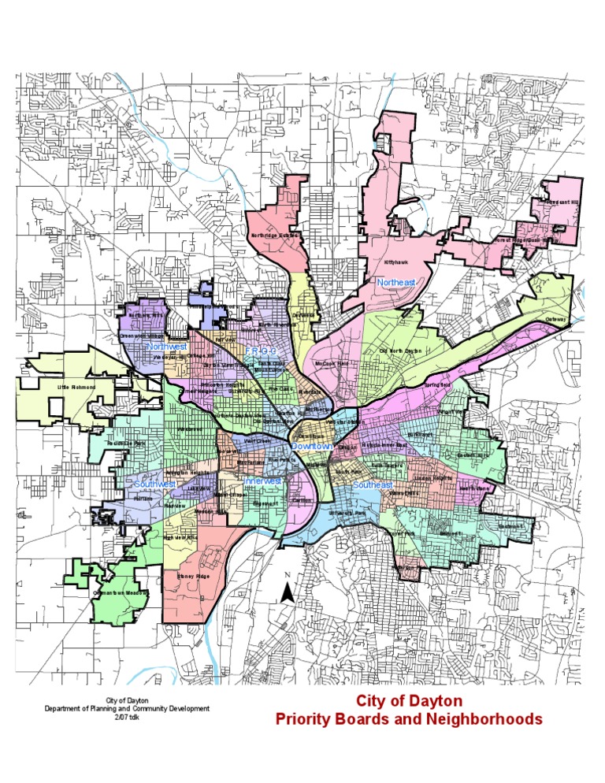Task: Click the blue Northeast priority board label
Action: point(395,282)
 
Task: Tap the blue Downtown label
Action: point(311,447)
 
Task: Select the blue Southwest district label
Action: point(153,484)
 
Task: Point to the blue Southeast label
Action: point(373,485)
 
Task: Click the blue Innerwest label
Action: point(263,481)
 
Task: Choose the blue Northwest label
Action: point(166,347)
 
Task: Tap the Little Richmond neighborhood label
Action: point(76,388)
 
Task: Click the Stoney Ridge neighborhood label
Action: point(193,577)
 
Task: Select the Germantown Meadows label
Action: point(121,593)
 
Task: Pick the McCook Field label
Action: point(331,364)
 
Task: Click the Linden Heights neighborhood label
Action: point(432,478)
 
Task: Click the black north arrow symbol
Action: point(290,593)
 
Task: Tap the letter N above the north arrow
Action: point(288,574)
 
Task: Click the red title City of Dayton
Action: point(409,701)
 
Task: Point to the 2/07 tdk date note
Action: point(126,717)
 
